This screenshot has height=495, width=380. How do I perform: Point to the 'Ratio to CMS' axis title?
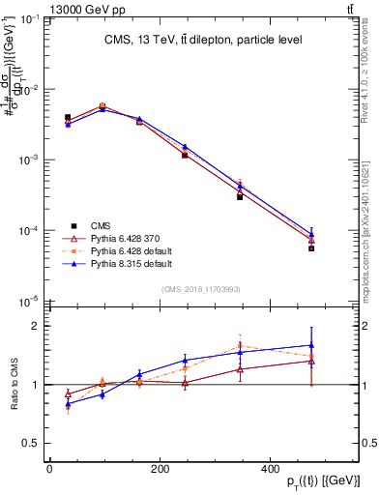pyautogui.click(x=15, y=384)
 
